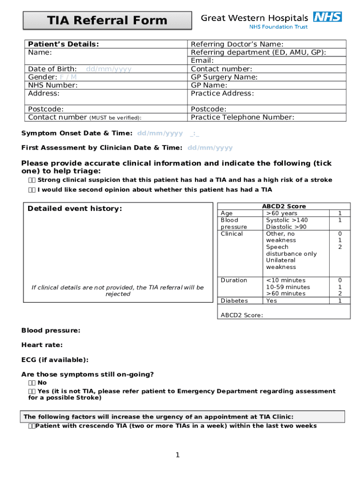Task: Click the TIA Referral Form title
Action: click(108, 21)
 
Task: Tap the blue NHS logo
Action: click(327, 17)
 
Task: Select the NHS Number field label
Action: click(53, 85)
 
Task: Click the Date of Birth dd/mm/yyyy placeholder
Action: click(108, 69)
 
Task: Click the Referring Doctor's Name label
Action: click(237, 44)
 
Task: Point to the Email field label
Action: click(202, 60)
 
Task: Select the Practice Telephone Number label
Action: click(242, 117)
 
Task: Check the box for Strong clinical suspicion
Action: click(31, 180)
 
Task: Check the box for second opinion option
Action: click(31, 190)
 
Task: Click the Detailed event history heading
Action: click(75, 209)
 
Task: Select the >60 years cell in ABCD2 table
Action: click(281, 213)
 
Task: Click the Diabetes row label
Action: click(234, 301)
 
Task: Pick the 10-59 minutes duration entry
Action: click(288, 287)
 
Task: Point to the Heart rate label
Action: click(42, 345)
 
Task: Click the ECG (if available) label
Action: click(55, 360)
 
